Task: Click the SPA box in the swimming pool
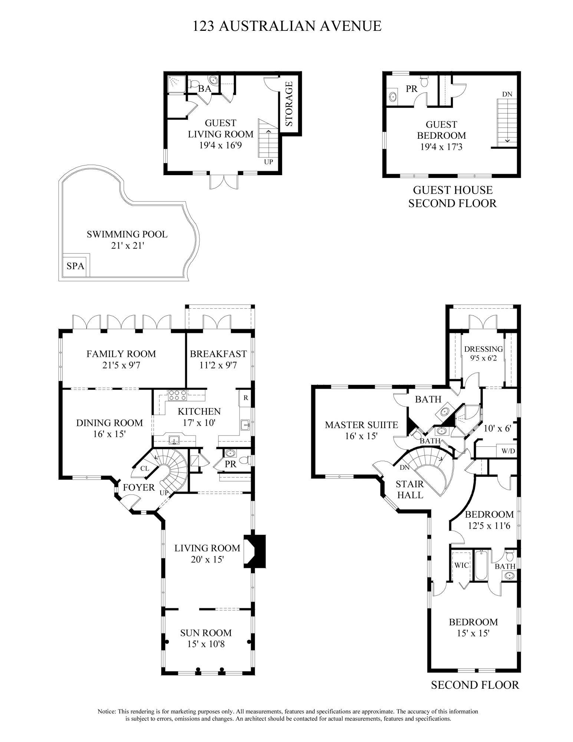click(76, 266)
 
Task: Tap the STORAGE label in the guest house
click(289, 104)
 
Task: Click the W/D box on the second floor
click(508, 451)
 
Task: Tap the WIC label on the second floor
click(462, 565)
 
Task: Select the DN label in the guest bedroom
click(507, 94)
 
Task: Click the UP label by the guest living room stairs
click(269, 162)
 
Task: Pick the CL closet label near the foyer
click(145, 468)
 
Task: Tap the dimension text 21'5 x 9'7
click(121, 365)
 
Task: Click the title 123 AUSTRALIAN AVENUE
click(287, 26)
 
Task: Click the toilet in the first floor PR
click(244, 460)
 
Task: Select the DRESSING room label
click(483, 349)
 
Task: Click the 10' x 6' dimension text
click(497, 428)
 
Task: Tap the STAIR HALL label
click(409, 489)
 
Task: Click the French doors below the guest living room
click(224, 182)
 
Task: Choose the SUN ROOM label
click(206, 633)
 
